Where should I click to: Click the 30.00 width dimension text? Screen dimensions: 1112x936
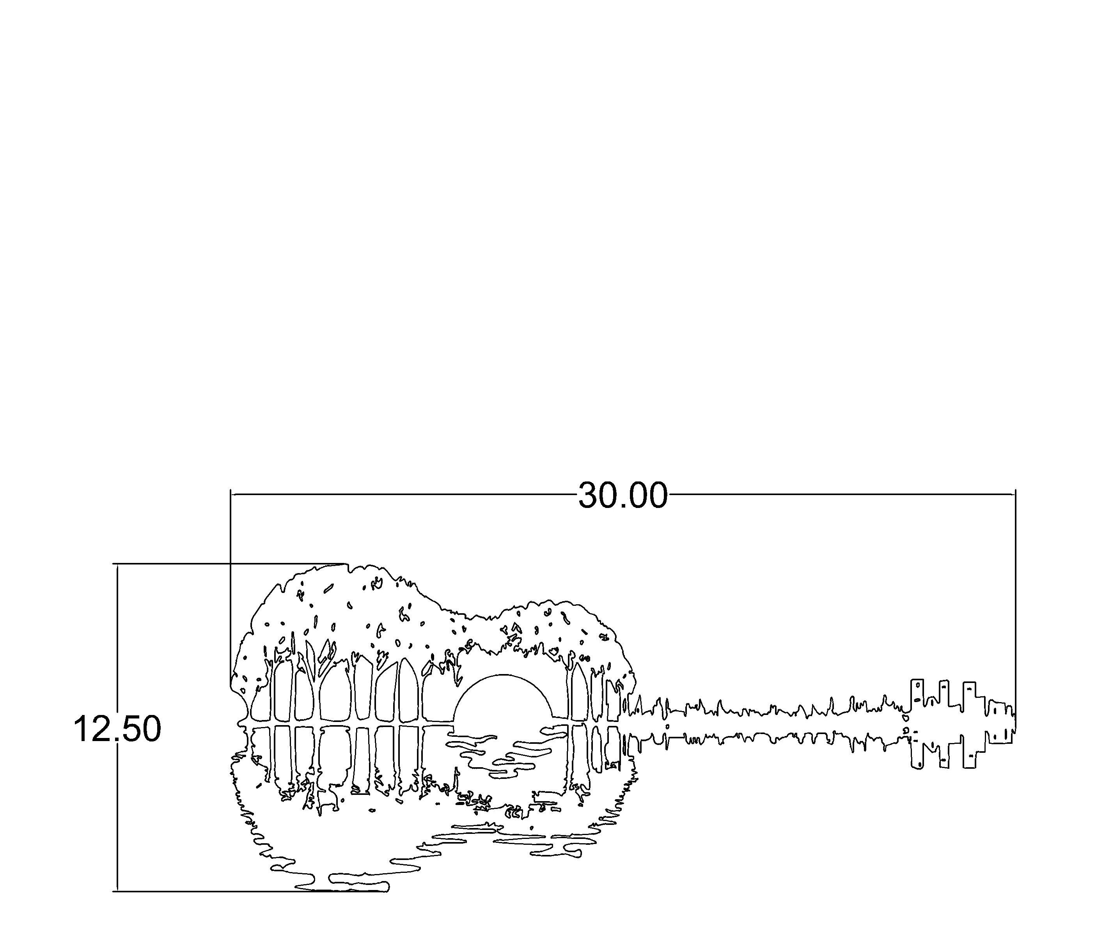pyautogui.click(x=623, y=495)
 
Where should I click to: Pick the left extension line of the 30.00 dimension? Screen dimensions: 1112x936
pyautogui.click(x=231, y=589)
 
